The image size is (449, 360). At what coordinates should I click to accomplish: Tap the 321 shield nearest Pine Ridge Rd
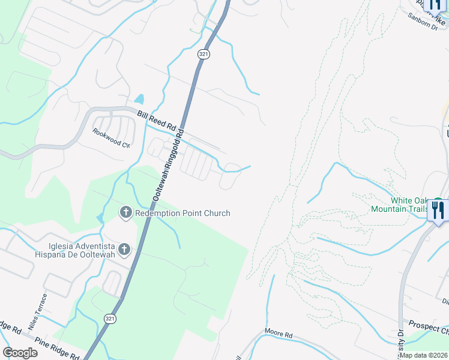[x=109, y=317]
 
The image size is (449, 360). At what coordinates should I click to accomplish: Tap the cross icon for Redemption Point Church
[x=126, y=212]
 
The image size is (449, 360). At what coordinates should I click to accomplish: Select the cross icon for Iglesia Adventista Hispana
[x=124, y=249]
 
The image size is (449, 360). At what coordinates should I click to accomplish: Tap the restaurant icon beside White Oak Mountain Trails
[x=437, y=210]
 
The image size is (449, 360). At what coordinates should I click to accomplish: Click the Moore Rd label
[x=279, y=333]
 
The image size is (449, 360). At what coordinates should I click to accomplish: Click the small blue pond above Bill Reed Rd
[x=139, y=99]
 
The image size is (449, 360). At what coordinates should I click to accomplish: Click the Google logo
[x=20, y=353]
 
